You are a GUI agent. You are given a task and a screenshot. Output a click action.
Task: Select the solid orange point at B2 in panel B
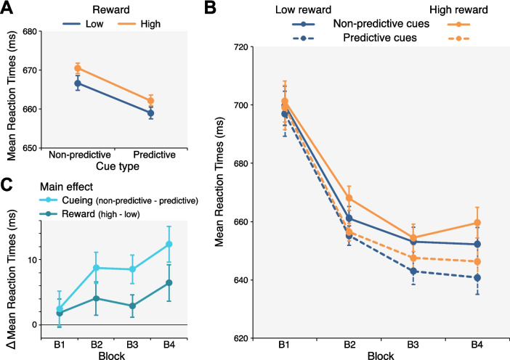369,198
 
